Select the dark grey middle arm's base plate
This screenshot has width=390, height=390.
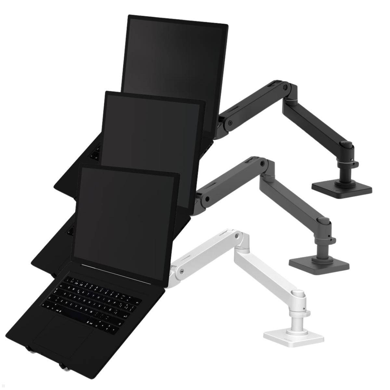click(318, 263)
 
